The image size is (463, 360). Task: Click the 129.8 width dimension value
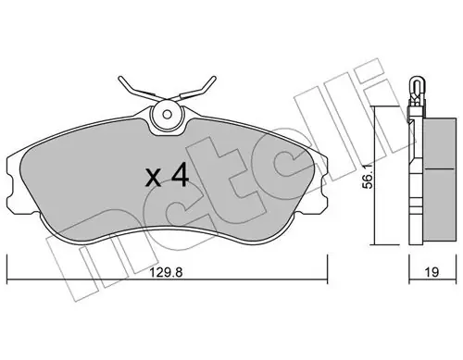pos(167,272)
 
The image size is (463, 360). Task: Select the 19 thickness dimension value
pos(432,272)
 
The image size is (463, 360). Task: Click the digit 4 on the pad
pos(180,175)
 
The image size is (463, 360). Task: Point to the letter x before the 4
pos(154,179)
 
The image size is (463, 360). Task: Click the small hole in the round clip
pos(167,115)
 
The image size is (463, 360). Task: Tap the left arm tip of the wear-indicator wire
pos(120,79)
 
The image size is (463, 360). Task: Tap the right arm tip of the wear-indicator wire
pos(214,78)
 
